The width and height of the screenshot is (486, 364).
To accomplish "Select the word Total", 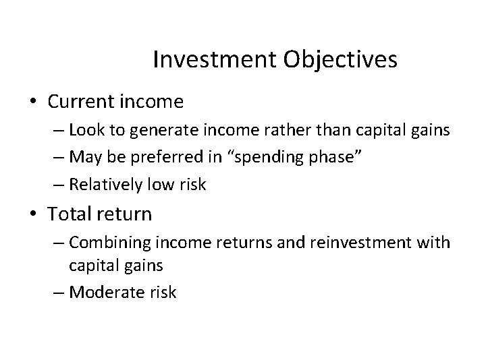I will (70, 215).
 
